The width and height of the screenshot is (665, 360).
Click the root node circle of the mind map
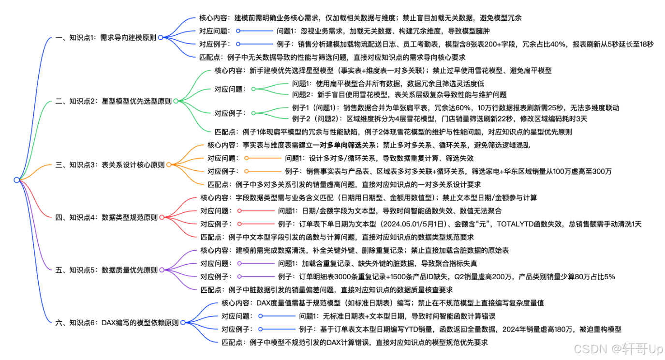click(17, 180)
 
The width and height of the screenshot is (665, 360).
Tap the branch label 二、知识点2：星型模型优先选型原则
click(113, 101)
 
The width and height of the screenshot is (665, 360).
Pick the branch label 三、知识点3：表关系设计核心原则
click(110, 165)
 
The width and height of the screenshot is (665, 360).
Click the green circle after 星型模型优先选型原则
click(176, 101)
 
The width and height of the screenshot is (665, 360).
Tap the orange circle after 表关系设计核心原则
click(169, 165)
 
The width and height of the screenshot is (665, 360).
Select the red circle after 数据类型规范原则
click(162, 217)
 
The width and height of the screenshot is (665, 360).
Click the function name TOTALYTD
click(516, 224)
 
